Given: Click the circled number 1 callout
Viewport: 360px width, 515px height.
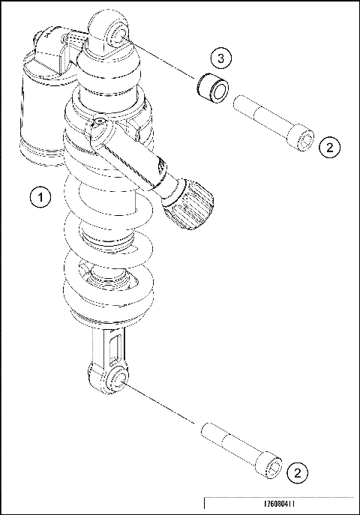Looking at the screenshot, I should [x=40, y=197].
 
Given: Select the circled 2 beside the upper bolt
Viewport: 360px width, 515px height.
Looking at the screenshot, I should [x=329, y=146].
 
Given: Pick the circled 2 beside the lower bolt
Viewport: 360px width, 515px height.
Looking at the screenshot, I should [x=298, y=473].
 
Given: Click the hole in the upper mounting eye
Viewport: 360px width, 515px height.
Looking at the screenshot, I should [x=117, y=34].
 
